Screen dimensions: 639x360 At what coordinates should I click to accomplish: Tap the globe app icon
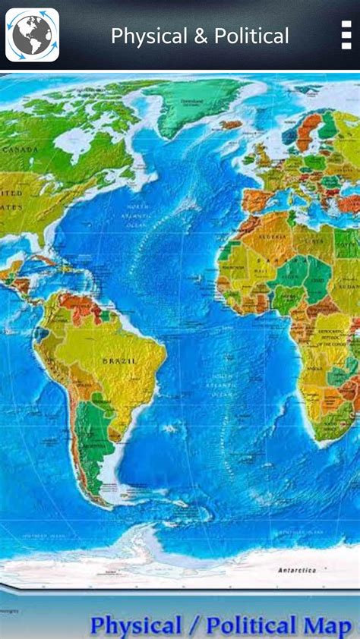(32, 35)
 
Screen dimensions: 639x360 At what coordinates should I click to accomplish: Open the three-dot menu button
(346, 35)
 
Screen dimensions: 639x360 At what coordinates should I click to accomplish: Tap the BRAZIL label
(119, 361)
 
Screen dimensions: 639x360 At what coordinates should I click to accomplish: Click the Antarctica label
(297, 570)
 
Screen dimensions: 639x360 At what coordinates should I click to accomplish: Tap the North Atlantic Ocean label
(137, 215)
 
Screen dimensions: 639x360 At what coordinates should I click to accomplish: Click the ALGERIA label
(272, 237)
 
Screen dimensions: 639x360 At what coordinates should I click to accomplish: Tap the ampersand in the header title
(201, 36)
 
